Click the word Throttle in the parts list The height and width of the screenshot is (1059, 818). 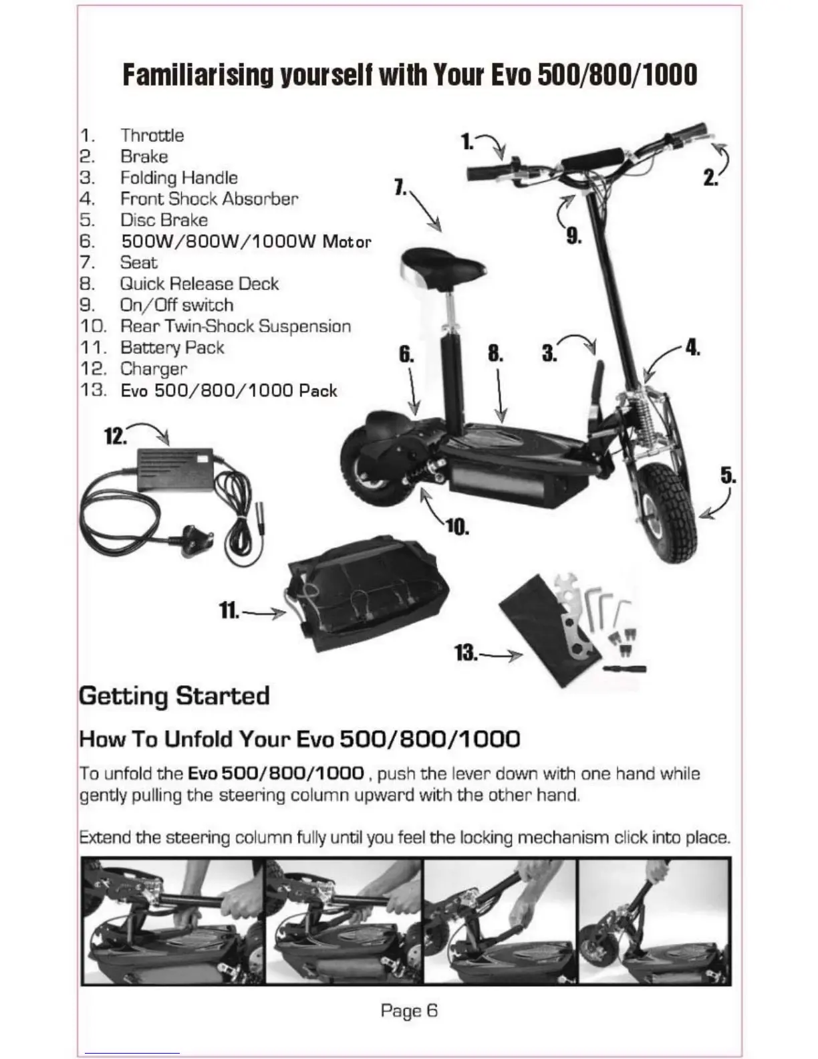tap(152, 135)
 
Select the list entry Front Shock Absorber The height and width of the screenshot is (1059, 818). tap(209, 199)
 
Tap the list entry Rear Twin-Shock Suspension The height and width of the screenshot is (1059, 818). tap(235, 326)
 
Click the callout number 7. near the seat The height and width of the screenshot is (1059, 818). tap(401, 188)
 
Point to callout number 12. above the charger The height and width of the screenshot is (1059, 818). tap(115, 437)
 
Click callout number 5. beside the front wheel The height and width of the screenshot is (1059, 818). tap(728, 476)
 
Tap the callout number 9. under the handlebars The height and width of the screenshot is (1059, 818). tap(573, 235)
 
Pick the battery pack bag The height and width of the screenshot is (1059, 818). tap(368, 588)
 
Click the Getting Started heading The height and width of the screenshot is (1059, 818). tap(174, 695)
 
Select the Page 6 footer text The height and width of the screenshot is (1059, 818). tap(409, 1010)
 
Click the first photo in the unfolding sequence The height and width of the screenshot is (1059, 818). tap(173, 922)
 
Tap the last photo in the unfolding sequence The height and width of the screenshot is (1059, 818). tap(654, 922)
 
